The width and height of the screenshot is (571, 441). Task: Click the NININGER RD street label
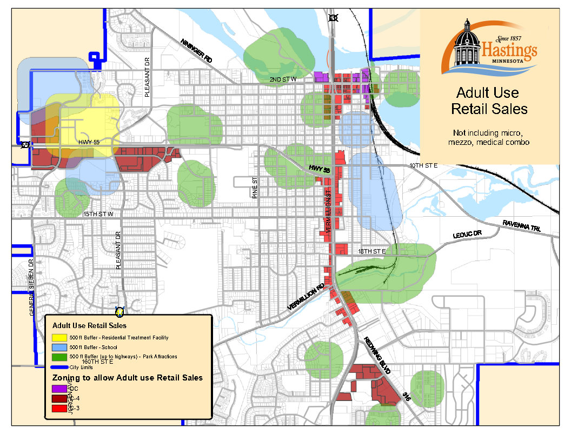(x=196, y=51)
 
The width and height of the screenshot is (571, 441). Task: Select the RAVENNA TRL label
(x=521, y=226)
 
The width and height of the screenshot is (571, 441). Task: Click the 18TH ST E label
(x=371, y=251)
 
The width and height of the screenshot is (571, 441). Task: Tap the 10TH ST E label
(x=423, y=165)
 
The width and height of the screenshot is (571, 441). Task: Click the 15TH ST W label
(x=98, y=215)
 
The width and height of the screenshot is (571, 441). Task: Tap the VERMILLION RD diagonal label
(x=306, y=297)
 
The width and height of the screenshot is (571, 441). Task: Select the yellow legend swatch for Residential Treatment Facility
(x=59, y=338)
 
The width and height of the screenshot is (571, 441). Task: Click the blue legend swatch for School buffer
(x=59, y=347)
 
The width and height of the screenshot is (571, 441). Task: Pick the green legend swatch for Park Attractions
(x=59, y=357)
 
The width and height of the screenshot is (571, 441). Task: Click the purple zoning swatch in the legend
(x=59, y=389)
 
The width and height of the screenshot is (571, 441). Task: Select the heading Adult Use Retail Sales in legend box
(x=89, y=326)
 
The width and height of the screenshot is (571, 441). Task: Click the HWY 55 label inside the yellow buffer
(x=89, y=142)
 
